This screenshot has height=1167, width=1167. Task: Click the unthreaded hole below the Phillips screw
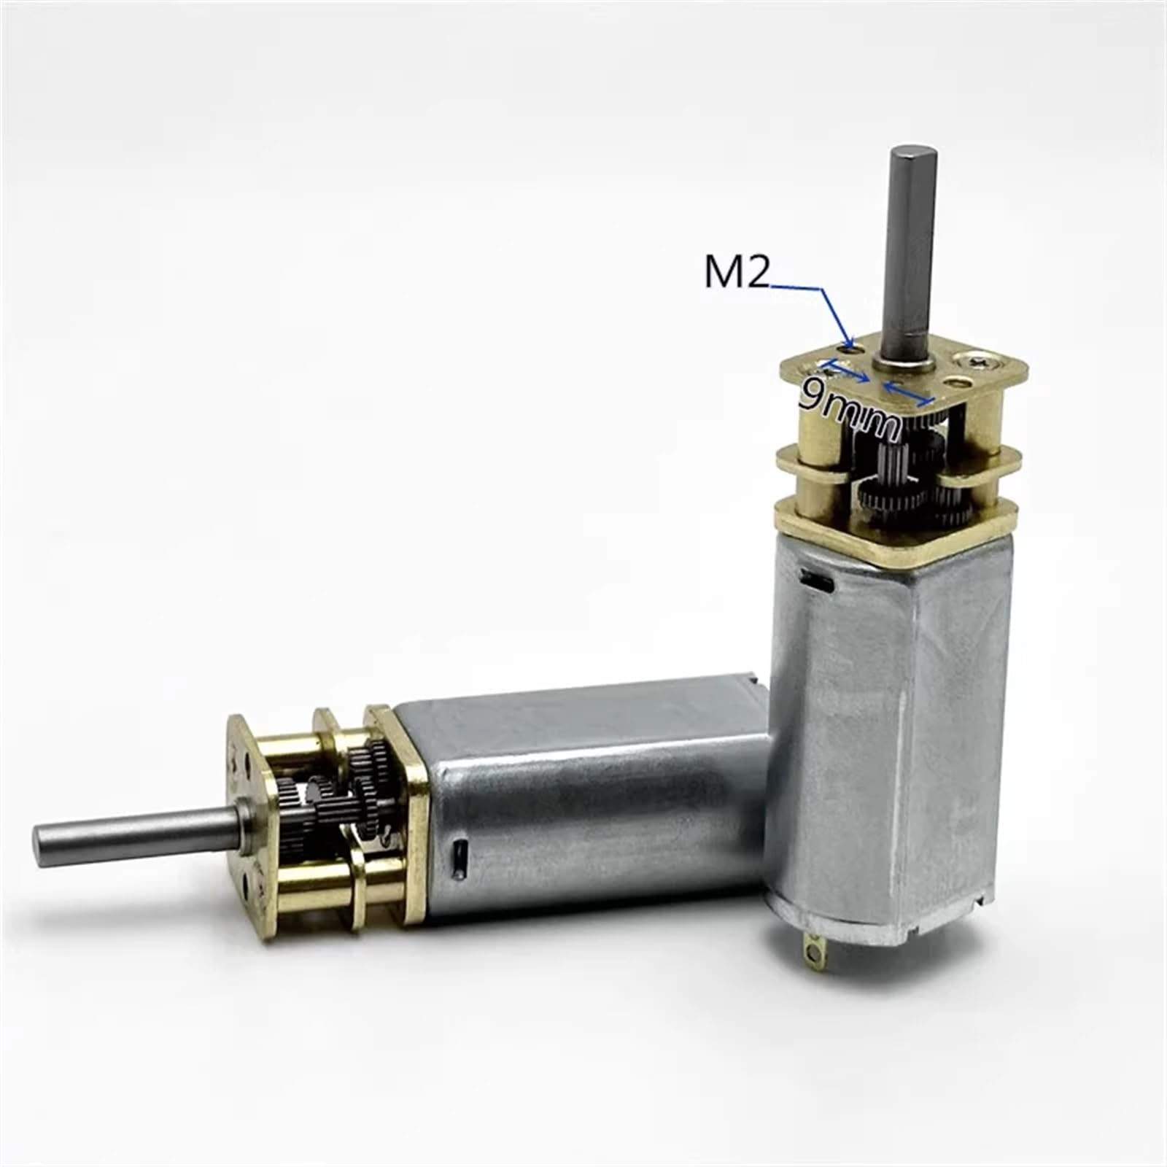click(x=956, y=381)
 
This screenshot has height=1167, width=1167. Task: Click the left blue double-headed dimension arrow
click(x=846, y=372)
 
